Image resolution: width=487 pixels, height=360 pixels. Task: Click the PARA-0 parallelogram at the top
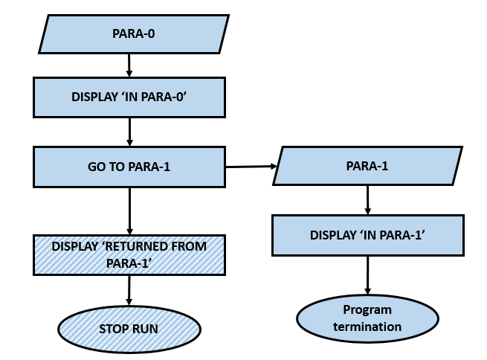pos(133,34)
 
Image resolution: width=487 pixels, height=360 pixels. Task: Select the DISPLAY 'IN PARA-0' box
pos(130,97)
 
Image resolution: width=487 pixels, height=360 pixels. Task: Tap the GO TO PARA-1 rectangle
pos(129,166)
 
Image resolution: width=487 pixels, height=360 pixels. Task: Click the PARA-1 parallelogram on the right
pos(367,165)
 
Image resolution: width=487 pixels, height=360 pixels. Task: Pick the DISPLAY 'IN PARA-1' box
pos(367,234)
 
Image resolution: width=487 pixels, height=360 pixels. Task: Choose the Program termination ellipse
pos(367,318)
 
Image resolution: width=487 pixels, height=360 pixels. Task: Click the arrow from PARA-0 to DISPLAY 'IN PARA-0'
pos(130,66)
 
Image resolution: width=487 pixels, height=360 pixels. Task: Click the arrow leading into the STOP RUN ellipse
pos(129,290)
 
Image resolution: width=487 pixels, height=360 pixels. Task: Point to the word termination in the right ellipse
pos(367,327)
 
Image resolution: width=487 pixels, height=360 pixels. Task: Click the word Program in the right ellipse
pos(367,309)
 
